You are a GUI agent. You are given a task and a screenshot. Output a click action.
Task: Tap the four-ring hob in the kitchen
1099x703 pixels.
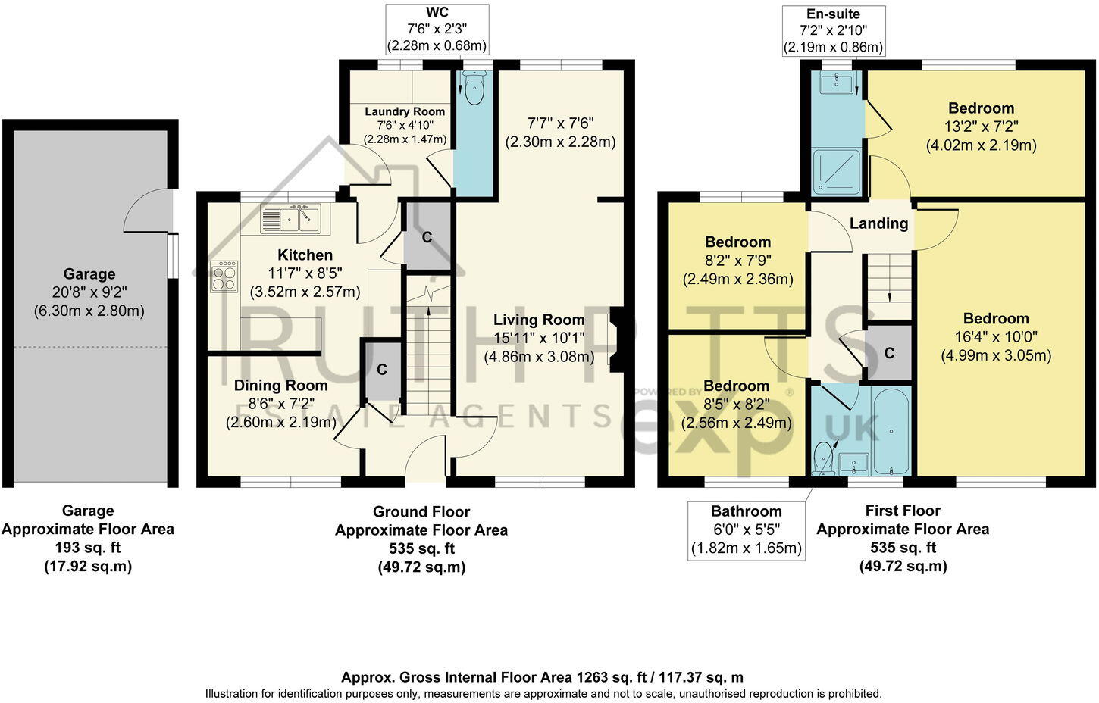(x=224, y=277)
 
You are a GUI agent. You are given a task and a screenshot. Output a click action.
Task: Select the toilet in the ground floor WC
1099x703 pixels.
(x=474, y=89)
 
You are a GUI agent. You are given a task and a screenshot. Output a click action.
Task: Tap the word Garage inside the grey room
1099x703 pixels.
(x=89, y=274)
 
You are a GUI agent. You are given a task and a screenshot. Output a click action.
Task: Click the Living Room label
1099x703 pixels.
(x=539, y=320)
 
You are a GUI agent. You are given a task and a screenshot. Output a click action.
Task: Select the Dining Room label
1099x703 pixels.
(x=280, y=386)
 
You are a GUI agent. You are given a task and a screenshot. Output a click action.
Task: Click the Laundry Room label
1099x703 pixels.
(x=405, y=111)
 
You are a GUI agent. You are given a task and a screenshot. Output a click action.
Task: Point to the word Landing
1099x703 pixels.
(x=878, y=223)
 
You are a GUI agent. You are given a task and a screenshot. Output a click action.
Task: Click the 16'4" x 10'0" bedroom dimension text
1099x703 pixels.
(x=996, y=337)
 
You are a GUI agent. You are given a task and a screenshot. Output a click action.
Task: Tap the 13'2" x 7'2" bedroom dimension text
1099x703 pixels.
(x=981, y=127)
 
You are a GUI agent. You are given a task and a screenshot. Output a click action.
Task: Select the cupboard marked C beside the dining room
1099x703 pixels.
(x=382, y=370)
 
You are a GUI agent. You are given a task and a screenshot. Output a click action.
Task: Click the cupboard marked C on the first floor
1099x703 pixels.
(x=889, y=353)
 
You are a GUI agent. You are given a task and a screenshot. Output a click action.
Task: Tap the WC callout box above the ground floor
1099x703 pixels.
(x=437, y=29)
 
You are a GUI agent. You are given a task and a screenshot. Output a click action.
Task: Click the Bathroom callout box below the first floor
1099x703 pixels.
(x=746, y=530)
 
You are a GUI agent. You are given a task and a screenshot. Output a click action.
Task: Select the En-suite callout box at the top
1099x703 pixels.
(x=833, y=30)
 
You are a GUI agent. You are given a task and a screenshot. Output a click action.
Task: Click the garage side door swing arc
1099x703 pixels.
(x=146, y=211)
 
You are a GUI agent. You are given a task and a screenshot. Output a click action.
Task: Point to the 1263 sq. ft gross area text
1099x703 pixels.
(x=542, y=677)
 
